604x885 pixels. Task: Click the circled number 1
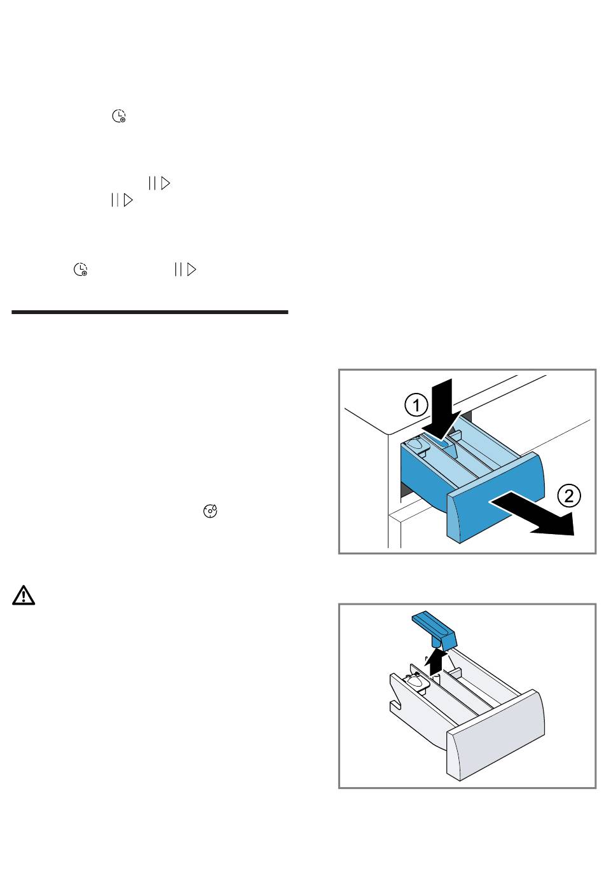coord(416,405)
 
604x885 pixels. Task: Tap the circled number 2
coord(569,495)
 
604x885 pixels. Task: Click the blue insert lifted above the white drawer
coord(435,630)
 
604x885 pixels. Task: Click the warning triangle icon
coord(24,595)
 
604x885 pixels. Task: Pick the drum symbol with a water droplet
coord(210,511)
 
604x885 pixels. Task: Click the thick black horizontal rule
coord(149,312)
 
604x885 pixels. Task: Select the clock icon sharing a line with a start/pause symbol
coord(80,270)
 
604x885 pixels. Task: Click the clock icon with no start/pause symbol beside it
coord(119,116)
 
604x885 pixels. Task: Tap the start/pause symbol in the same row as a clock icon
coord(185,270)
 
